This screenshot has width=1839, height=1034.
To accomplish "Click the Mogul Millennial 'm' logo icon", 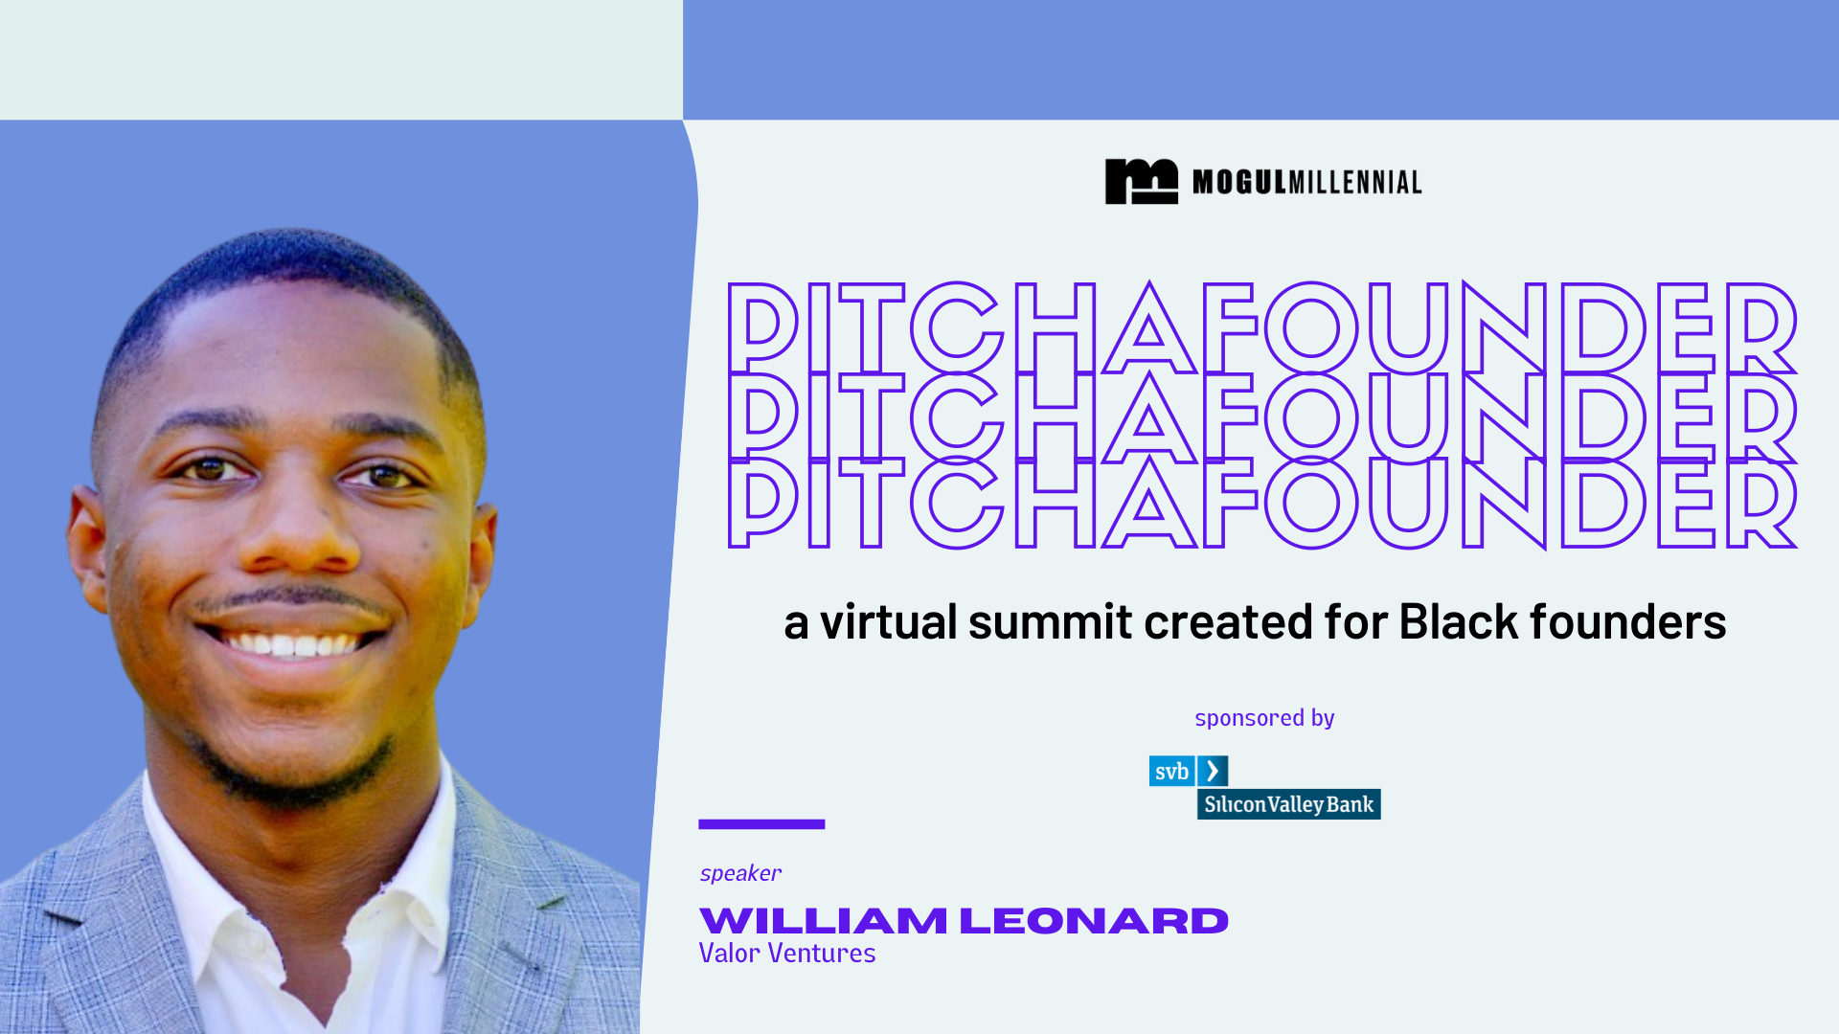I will point(1141,181).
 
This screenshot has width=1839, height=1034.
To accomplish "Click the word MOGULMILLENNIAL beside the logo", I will point(1306,182).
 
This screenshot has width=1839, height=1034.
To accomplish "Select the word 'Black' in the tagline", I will point(1458,622).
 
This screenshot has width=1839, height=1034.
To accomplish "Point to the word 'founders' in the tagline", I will point(1627,622).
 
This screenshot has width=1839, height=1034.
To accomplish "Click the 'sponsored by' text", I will point(1263,718).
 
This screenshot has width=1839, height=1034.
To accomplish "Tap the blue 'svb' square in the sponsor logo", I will point(1171,772).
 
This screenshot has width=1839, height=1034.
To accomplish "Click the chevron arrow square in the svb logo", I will point(1213,772).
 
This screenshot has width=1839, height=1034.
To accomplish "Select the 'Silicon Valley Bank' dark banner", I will point(1288,804).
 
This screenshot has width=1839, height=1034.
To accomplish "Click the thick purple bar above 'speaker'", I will point(761,824).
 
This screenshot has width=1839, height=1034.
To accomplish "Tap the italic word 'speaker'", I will point(740,873).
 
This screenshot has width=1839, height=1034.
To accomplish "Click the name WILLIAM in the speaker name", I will point(823,921).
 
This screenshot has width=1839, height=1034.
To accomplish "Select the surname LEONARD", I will point(1093,921).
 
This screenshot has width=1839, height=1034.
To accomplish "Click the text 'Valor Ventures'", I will point(786,954).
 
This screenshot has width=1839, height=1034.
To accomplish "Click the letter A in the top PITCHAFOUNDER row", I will point(1148,330).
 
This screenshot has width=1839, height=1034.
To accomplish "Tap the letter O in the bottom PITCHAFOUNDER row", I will point(1311,504).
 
